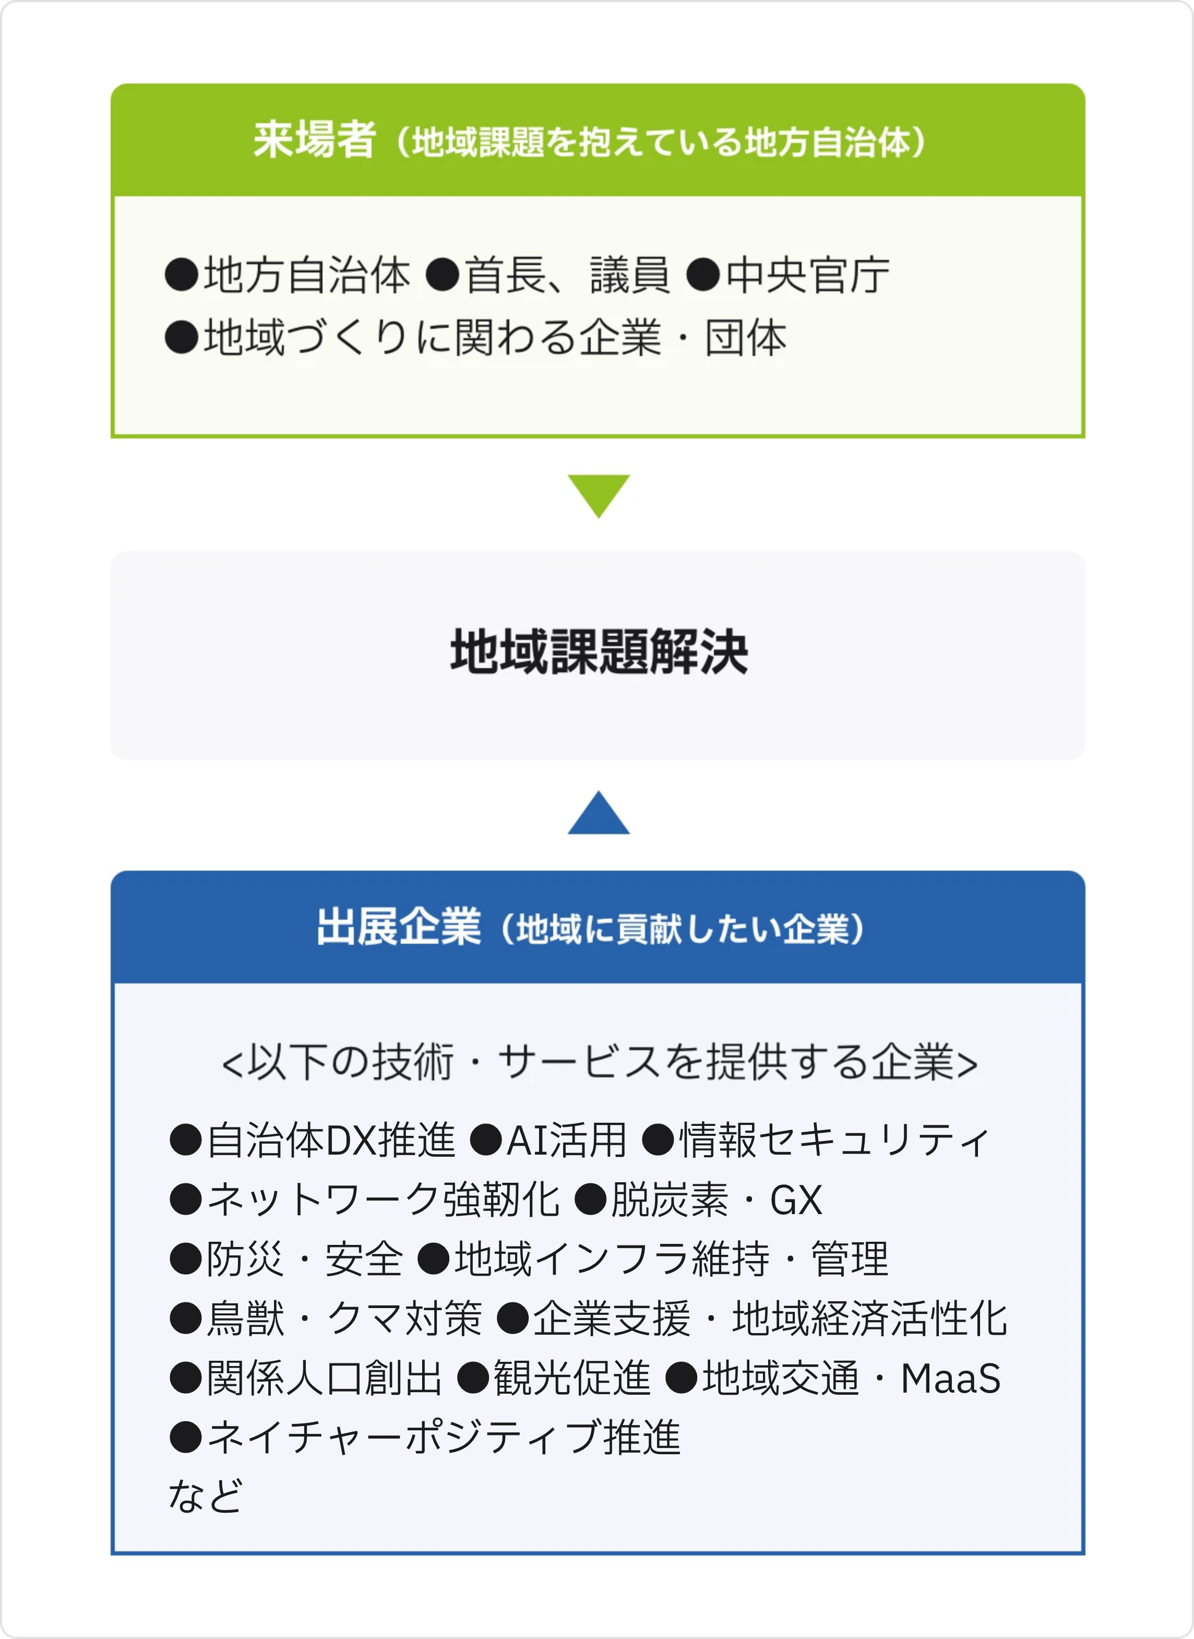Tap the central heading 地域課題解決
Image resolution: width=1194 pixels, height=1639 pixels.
[599, 651]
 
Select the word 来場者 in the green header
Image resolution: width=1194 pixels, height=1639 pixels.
[314, 139]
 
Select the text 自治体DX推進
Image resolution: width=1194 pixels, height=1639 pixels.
[331, 1140]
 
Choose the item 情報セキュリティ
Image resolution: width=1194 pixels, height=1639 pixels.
[834, 1140]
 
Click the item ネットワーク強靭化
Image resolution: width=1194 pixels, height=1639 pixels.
[384, 1200]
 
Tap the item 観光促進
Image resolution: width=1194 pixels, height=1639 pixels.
[572, 1378]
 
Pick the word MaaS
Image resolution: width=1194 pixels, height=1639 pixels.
[950, 1378]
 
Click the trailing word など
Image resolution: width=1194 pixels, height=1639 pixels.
[205, 1496]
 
